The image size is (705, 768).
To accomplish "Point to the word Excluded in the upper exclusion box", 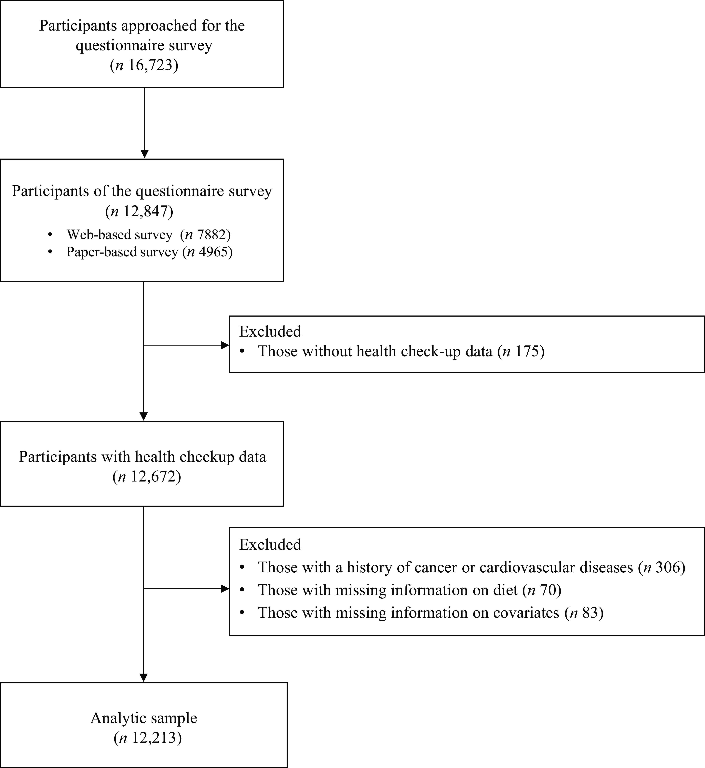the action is (x=270, y=331).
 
